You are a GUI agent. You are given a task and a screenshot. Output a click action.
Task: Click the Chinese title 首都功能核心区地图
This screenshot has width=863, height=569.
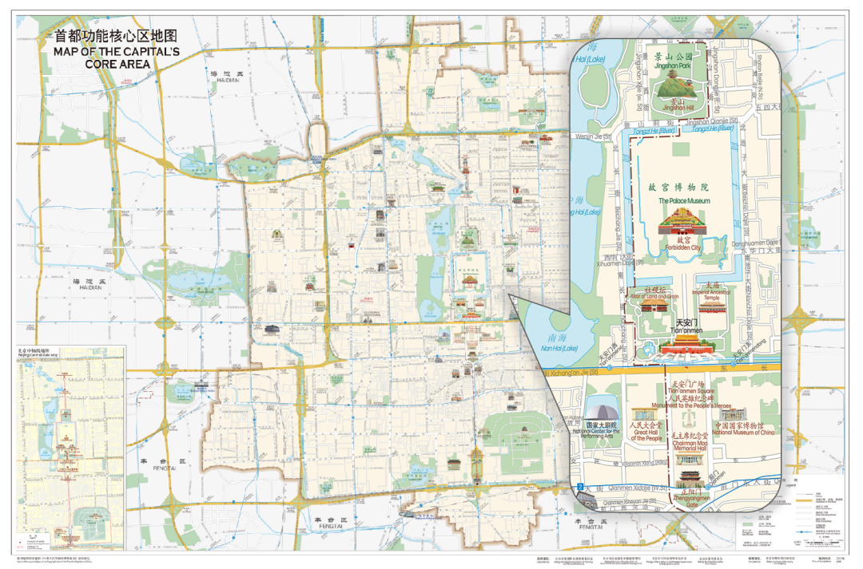point(113,36)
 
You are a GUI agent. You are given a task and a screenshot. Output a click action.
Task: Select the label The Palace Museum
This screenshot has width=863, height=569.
point(683,201)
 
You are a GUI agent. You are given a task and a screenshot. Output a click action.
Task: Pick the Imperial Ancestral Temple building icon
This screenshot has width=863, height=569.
point(713,286)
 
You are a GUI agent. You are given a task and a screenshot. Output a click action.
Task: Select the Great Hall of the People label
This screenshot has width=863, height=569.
point(646,433)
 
